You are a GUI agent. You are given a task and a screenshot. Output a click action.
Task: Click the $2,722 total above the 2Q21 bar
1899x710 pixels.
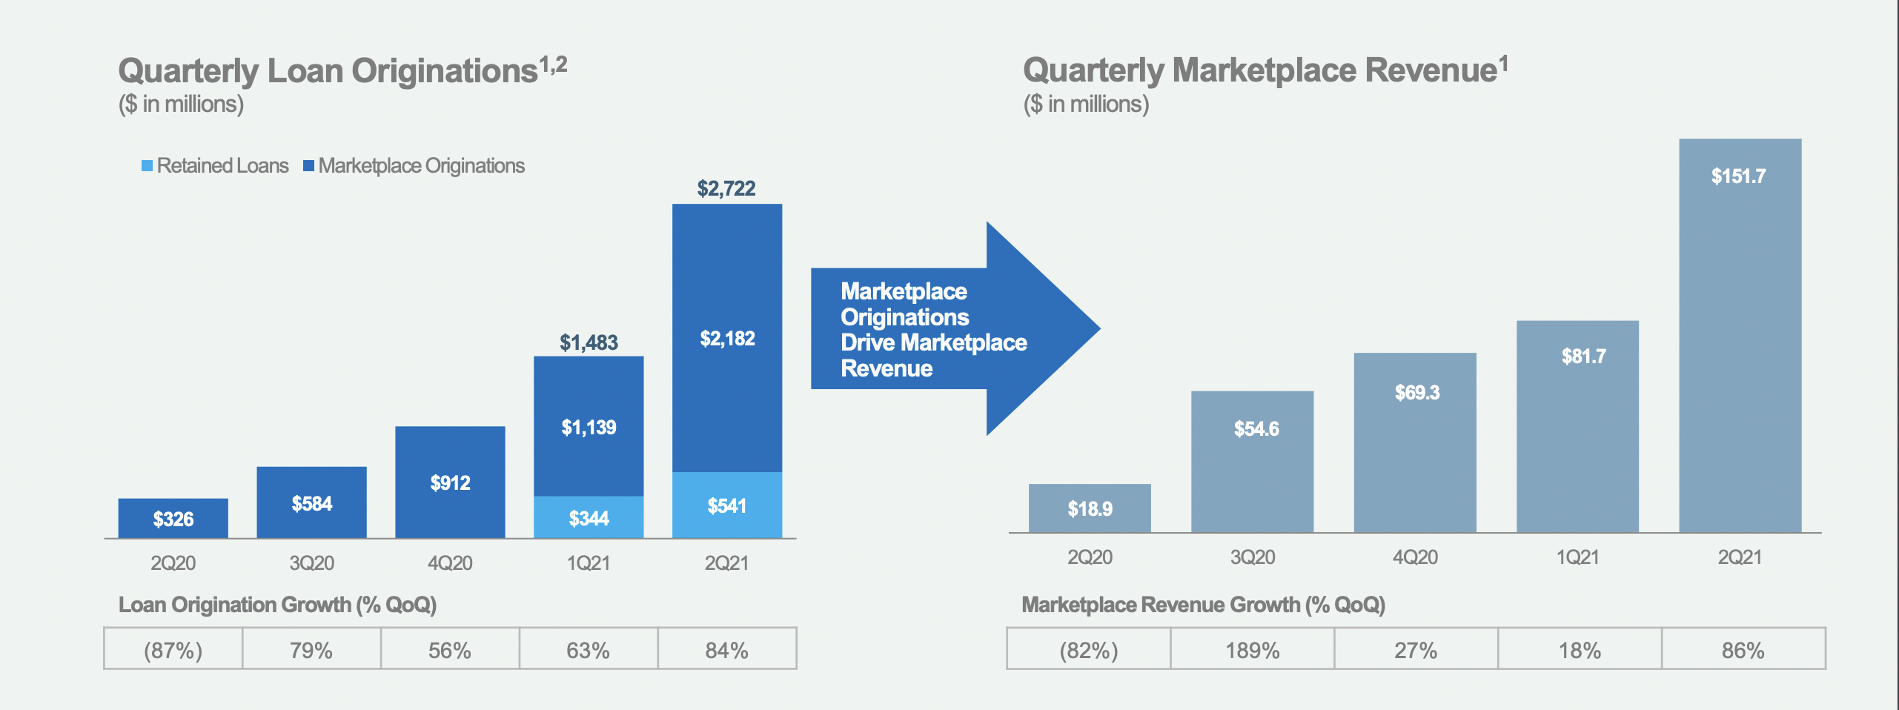point(726,188)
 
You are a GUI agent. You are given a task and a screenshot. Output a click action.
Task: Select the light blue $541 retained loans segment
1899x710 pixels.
point(726,505)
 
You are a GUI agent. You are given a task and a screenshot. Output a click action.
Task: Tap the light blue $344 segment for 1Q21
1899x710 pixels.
point(589,517)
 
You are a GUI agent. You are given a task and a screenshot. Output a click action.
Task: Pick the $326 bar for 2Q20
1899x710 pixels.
point(173,518)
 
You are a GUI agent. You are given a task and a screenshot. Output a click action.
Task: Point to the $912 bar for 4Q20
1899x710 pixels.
point(450,482)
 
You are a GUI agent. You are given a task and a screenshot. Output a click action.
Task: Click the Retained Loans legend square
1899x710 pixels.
point(148,165)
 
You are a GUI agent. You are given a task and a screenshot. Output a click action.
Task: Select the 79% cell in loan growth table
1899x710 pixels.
point(311,649)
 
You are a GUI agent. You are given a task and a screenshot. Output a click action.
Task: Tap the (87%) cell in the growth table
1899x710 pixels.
point(173,649)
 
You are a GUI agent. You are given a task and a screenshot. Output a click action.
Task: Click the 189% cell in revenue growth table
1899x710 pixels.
point(1252,649)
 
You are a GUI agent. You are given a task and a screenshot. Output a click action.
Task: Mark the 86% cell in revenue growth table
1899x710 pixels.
point(1743,649)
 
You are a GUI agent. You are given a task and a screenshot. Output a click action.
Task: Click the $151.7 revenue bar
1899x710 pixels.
point(1740,334)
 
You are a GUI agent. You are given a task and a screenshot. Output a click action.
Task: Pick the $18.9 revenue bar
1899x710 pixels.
point(1090,508)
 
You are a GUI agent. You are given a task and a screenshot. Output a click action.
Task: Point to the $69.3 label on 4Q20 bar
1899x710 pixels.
point(1416,392)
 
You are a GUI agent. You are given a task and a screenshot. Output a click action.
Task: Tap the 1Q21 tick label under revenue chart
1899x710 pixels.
point(1577,557)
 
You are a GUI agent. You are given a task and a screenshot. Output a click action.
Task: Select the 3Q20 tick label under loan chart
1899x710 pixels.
point(311,563)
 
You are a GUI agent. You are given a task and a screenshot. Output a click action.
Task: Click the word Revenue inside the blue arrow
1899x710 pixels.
point(886,368)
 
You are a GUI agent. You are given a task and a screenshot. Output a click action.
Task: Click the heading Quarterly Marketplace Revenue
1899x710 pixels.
point(1259,70)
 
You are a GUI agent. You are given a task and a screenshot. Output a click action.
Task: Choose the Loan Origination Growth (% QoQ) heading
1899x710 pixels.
point(277,604)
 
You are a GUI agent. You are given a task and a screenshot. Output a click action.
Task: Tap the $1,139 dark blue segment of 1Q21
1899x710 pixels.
point(589,427)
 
